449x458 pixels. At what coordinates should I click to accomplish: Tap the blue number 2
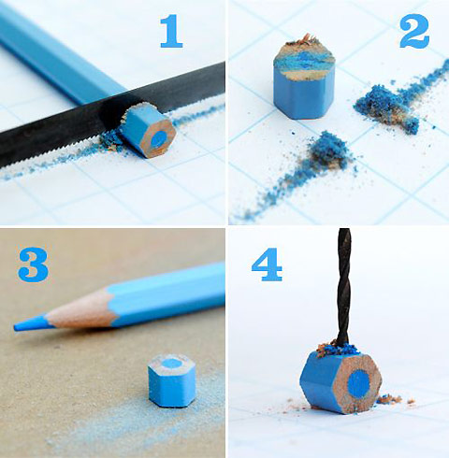pyautogui.click(x=413, y=34)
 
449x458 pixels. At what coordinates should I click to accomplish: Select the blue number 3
pyautogui.click(x=33, y=265)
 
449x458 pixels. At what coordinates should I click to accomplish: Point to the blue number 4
pyautogui.click(x=267, y=265)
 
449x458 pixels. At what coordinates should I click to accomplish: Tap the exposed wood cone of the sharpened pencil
pyautogui.click(x=70, y=313)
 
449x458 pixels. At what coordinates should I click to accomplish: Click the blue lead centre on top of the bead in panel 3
pyautogui.click(x=172, y=363)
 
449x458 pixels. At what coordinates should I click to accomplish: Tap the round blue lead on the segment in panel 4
pyautogui.click(x=358, y=381)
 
